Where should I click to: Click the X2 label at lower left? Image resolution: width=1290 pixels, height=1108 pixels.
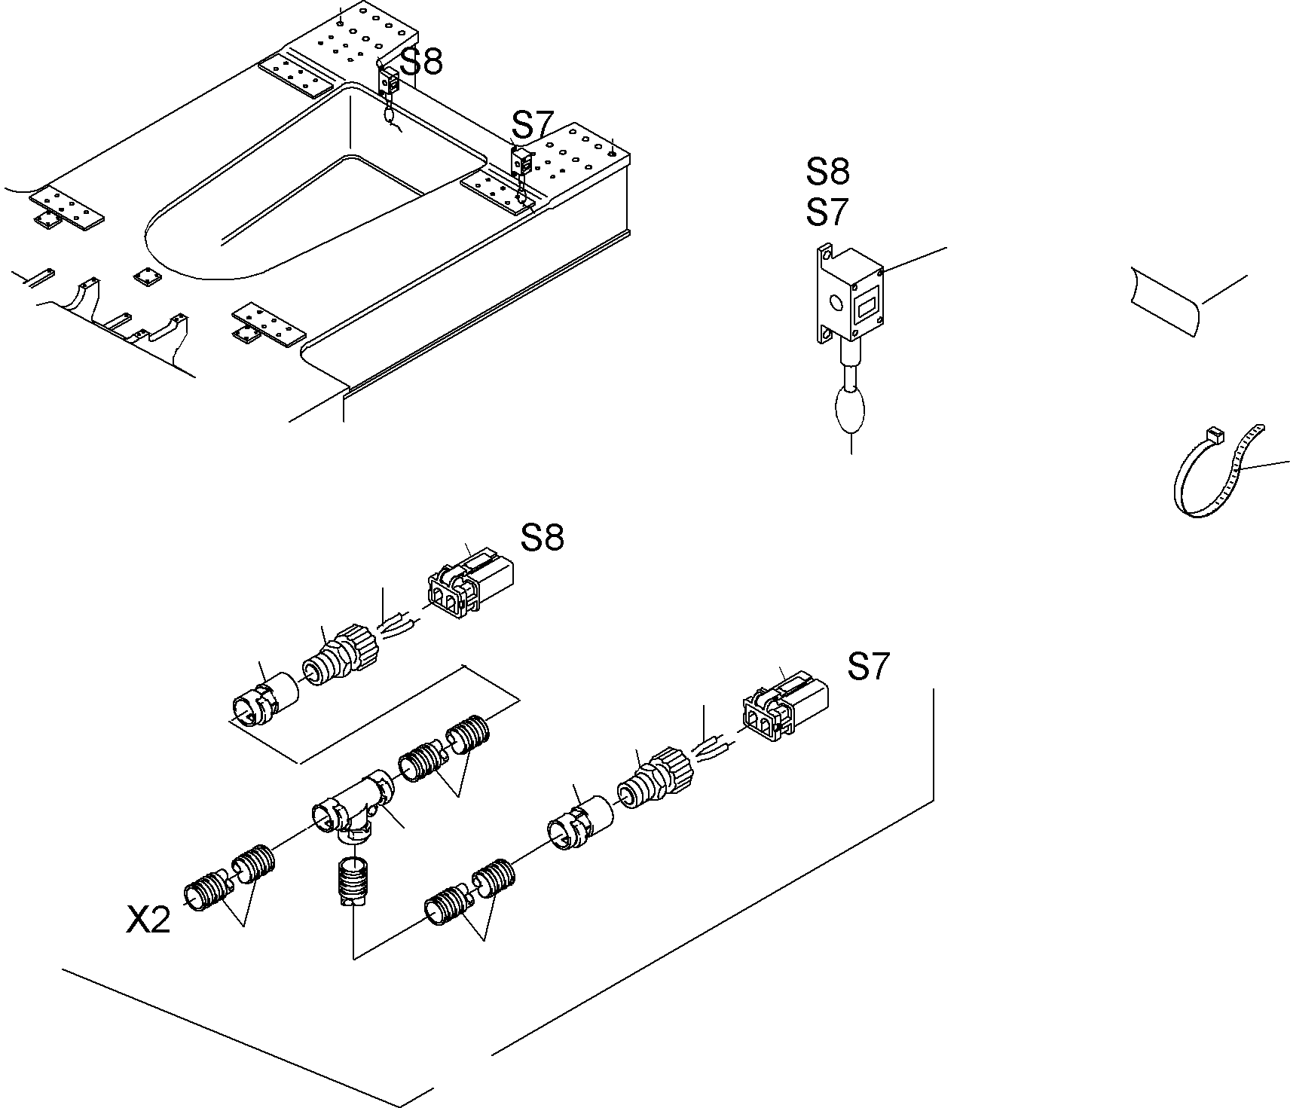pos(148,920)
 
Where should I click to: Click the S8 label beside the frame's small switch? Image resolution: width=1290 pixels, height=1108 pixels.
pos(421,62)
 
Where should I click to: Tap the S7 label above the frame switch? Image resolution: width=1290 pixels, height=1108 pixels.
pos(533,124)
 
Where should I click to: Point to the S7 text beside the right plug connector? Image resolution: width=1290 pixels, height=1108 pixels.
pos(868,667)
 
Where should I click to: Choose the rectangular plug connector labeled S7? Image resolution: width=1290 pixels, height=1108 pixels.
pos(785,711)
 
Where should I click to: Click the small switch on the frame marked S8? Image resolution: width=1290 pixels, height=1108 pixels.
pos(390,80)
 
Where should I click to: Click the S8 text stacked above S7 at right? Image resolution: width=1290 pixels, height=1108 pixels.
pos(827,172)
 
